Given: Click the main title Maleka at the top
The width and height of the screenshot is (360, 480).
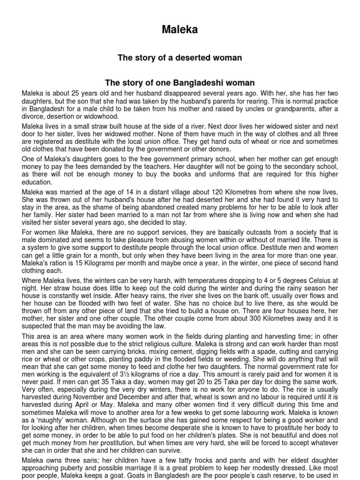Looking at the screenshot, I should [x=180, y=30].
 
